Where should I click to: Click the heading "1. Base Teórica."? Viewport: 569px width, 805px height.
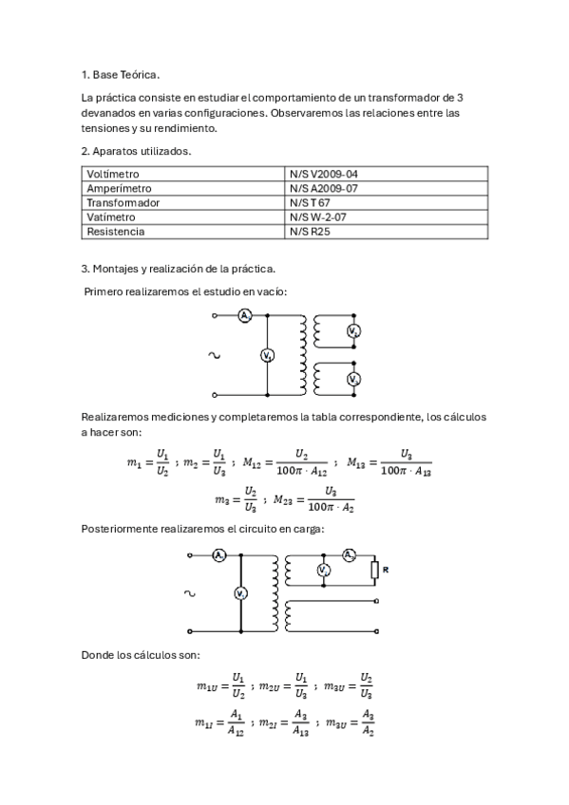click(x=121, y=74)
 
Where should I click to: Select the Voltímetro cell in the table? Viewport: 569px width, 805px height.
click(x=113, y=175)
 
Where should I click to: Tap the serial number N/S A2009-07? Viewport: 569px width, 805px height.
click(x=324, y=189)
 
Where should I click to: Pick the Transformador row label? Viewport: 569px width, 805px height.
click(x=123, y=203)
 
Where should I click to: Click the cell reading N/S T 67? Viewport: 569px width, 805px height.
click(x=310, y=203)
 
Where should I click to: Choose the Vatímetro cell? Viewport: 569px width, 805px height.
click(x=110, y=217)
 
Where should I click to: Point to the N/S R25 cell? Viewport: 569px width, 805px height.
click(x=310, y=232)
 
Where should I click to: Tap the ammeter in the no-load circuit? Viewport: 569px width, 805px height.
click(x=244, y=315)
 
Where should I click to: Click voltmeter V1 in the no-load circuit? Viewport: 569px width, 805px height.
click(x=267, y=355)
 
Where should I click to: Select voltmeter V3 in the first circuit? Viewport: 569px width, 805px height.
click(x=353, y=379)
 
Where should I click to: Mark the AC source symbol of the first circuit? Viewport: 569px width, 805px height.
click(x=214, y=355)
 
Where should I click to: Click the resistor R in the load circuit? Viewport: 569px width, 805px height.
click(x=376, y=570)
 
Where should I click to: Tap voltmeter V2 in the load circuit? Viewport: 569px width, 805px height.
click(x=323, y=570)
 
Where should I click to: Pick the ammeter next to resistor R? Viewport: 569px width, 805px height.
click(x=349, y=553)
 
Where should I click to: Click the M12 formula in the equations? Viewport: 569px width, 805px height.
click(x=285, y=462)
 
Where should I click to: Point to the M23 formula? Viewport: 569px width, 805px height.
click(x=313, y=499)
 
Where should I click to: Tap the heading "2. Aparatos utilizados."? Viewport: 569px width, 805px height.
click(x=137, y=151)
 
